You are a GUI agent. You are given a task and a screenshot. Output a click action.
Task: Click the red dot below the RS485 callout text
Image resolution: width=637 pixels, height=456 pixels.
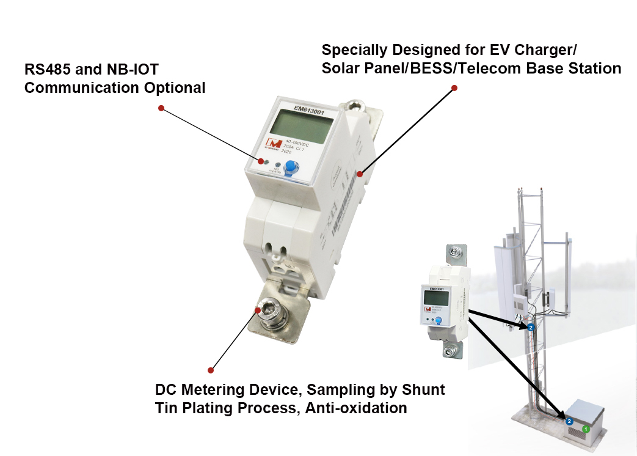(161, 108)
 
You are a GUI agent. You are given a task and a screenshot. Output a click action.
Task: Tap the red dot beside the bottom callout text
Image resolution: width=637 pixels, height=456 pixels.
(211, 370)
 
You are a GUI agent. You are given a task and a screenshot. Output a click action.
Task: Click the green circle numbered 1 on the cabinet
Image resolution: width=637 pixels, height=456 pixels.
(585, 428)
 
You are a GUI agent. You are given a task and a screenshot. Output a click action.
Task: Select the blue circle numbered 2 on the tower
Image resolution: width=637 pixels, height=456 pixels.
(530, 328)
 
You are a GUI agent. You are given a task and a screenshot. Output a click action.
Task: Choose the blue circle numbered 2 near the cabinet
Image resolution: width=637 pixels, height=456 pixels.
(569, 421)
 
